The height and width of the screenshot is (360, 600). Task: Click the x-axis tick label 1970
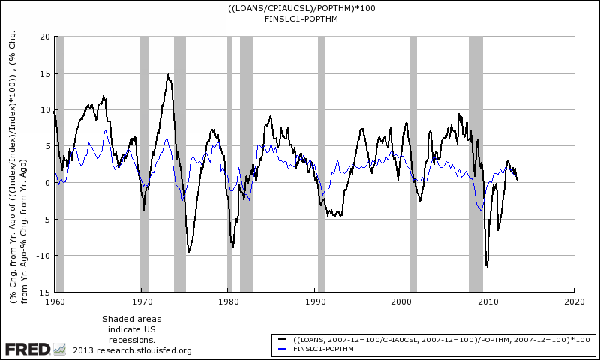142,301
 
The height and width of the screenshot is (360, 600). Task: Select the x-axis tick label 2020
574,301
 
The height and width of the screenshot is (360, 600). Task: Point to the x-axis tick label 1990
314,301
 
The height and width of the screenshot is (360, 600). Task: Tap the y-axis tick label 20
44,37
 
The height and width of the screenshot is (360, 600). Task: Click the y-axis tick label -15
43,291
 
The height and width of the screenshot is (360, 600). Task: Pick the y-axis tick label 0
46,182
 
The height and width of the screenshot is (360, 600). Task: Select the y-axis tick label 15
44,73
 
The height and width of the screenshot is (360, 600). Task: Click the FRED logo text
27,349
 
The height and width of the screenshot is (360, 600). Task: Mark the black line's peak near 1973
168,74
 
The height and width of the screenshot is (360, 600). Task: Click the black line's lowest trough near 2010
487,266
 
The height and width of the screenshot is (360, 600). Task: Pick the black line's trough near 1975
188,252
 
